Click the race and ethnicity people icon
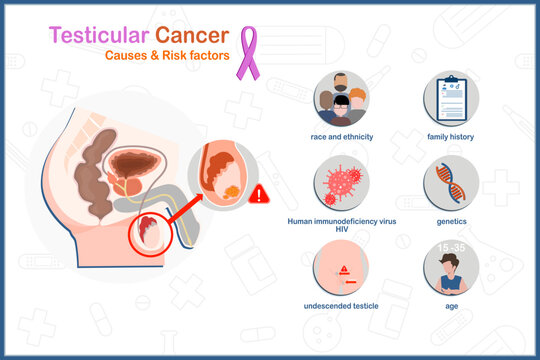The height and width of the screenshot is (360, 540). pyautogui.click(x=341, y=98)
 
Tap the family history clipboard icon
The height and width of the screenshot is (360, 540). pyautogui.click(x=451, y=98)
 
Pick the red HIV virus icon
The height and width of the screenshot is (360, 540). pyautogui.click(x=341, y=182)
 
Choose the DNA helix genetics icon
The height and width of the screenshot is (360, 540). pyautogui.click(x=451, y=182)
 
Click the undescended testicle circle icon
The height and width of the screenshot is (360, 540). pyautogui.click(x=341, y=267)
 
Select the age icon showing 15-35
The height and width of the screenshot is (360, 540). pyautogui.click(x=451, y=267)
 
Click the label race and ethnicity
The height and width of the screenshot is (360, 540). pyautogui.click(x=341, y=136)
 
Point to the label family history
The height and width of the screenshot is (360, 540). pyautogui.click(x=451, y=136)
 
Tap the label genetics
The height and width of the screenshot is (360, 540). pyautogui.click(x=451, y=221)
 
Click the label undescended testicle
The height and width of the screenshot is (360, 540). pyautogui.click(x=341, y=305)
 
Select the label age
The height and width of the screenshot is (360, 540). pyautogui.click(x=451, y=305)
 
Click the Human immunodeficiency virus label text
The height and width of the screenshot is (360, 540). pyautogui.click(x=341, y=221)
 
